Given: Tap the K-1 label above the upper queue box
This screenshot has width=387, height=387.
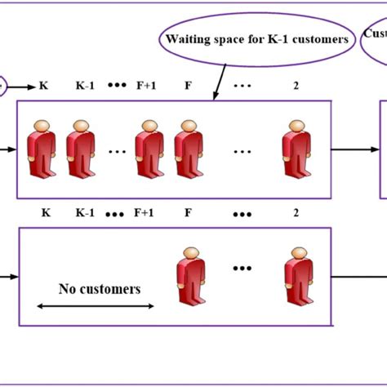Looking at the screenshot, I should pyautogui.click(x=85, y=86).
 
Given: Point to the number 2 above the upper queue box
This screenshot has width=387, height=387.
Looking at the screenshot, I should pyautogui.click(x=297, y=86).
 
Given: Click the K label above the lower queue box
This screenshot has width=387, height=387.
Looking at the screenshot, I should pyautogui.click(x=45, y=213).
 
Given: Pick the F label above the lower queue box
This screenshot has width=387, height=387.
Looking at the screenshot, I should pyautogui.click(x=187, y=213).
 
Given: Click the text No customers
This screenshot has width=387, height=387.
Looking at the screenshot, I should pyautogui.click(x=99, y=289).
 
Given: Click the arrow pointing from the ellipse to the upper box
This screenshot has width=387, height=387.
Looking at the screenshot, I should pyautogui.click(x=220, y=82).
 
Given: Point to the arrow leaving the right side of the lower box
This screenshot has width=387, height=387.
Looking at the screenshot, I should pyautogui.click(x=355, y=278).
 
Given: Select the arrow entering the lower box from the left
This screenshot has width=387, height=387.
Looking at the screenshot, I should pyautogui.click(x=10, y=278).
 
